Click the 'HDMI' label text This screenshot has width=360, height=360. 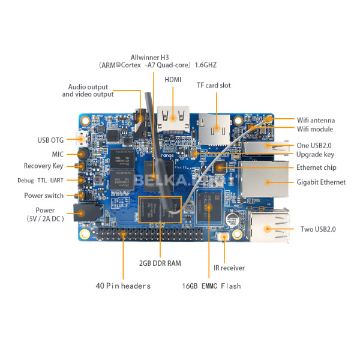173,79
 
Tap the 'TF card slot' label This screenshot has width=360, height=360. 214,85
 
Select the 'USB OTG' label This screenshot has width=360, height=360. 51,140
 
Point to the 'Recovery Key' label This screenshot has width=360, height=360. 43,166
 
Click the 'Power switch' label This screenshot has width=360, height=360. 43,196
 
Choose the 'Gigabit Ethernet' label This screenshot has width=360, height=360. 321,182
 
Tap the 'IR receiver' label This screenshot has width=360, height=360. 229,268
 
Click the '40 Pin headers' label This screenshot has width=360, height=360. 123,286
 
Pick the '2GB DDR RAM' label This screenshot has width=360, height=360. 160,263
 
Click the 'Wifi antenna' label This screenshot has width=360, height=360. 316,120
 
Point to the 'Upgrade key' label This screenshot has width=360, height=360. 315,154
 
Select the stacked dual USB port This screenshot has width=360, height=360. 269,229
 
